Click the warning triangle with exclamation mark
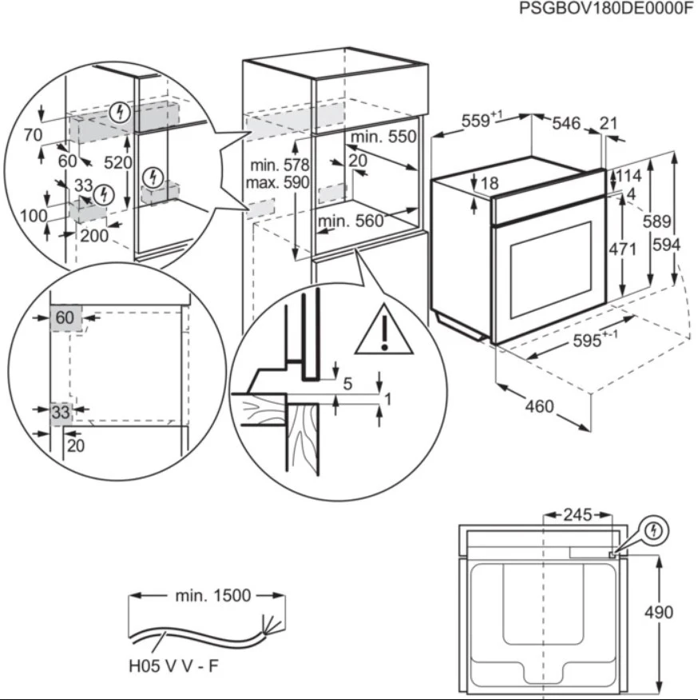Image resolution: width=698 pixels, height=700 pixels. click(x=384, y=330)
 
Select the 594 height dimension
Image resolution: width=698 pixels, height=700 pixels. click(x=665, y=245)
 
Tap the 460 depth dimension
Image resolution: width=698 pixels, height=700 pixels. click(x=539, y=407)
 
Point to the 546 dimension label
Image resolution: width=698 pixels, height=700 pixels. click(x=565, y=123)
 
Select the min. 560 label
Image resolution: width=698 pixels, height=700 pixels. click(x=351, y=221)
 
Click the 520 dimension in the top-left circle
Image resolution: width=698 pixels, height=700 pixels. click(x=117, y=162)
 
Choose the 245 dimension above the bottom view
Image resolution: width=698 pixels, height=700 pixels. click(x=577, y=515)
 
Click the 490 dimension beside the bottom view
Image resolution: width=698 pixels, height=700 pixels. click(x=658, y=613)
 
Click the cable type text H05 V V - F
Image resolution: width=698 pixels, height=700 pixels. click(x=172, y=666)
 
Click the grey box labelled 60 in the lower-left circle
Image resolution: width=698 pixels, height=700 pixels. click(x=65, y=317)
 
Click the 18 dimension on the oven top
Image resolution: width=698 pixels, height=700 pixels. click(x=490, y=183)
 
